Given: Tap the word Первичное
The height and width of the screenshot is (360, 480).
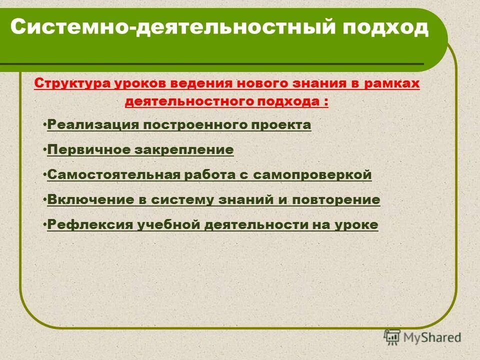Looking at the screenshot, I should coord(85,149).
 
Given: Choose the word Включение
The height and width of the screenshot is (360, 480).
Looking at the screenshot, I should coord(81,200).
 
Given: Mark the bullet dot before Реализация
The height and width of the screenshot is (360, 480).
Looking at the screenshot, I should coord(44,123).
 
